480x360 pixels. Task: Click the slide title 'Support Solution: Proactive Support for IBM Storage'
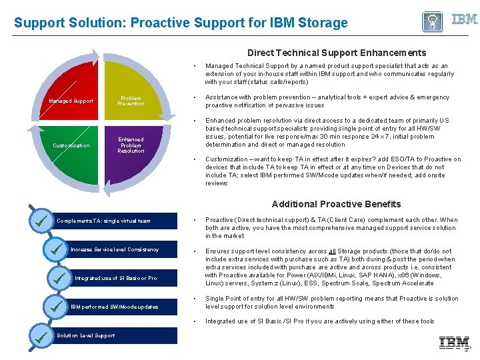point(181,23)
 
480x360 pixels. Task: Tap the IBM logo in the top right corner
point(464,19)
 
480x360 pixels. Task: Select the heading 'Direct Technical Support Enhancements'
point(337,53)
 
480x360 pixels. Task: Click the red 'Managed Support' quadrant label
point(71,101)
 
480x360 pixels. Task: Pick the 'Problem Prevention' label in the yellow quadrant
point(131,101)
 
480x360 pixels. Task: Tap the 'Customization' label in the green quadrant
point(71,145)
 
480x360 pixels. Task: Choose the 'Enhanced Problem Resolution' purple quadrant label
point(131,145)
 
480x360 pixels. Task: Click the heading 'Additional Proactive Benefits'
point(336,204)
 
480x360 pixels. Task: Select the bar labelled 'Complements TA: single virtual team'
point(113,221)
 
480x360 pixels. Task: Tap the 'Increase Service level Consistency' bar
point(120,250)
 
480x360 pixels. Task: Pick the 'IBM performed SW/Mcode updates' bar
point(120,307)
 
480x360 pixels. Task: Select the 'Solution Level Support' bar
point(113,336)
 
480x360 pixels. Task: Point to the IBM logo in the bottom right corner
point(453,343)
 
